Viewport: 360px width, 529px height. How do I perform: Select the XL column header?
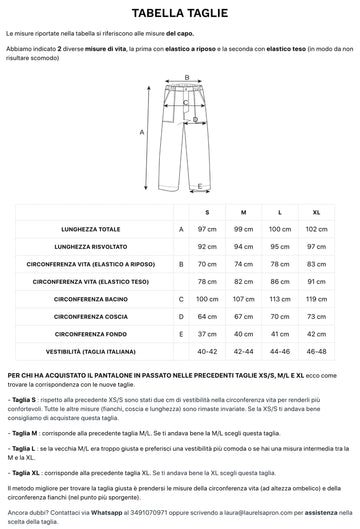tap(316, 213)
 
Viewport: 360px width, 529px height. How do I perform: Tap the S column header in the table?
tap(207, 213)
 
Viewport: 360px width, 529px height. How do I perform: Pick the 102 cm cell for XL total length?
tap(316, 229)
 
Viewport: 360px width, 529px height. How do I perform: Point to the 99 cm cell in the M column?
tap(243, 229)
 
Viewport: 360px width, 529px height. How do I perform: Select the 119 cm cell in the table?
tap(316, 299)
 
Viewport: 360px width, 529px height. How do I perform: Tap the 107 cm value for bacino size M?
tap(243, 299)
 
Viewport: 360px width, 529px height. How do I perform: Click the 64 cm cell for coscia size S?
tap(207, 316)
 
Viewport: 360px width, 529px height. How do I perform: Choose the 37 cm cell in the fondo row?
tap(207, 334)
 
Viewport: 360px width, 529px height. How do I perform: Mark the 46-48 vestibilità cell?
tap(316, 351)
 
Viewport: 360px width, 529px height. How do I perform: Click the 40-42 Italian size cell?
tap(207, 351)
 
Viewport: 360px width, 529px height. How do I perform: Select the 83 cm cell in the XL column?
tap(316, 264)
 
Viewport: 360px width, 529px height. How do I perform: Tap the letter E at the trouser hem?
tap(199, 186)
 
